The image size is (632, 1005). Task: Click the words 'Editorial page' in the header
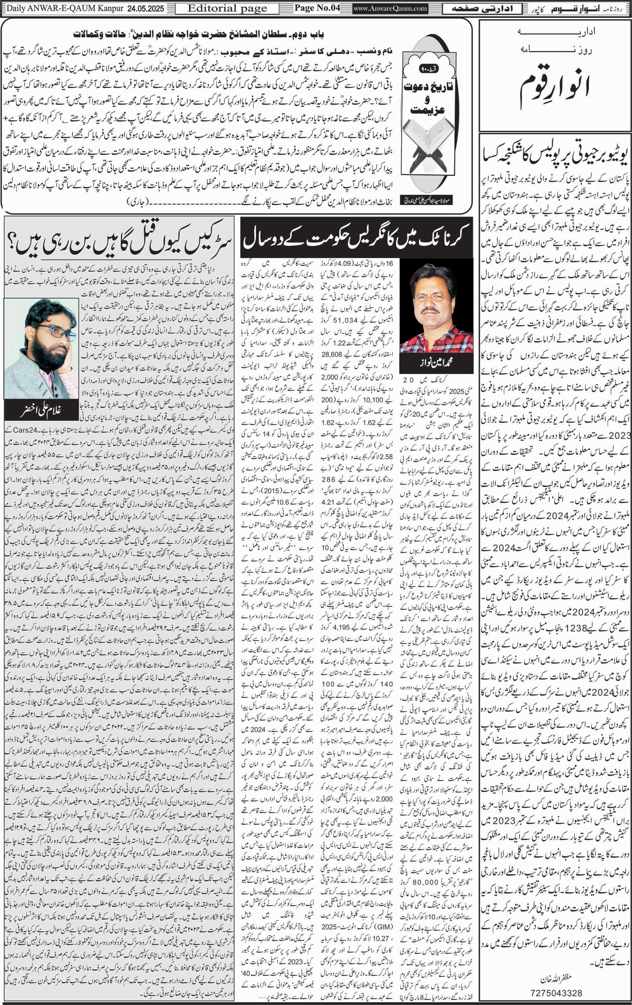pos(227,8)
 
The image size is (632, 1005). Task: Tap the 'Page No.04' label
pos(317,8)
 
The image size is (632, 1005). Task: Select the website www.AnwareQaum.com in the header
pos(390,8)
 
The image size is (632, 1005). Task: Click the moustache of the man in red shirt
pos(429,311)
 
